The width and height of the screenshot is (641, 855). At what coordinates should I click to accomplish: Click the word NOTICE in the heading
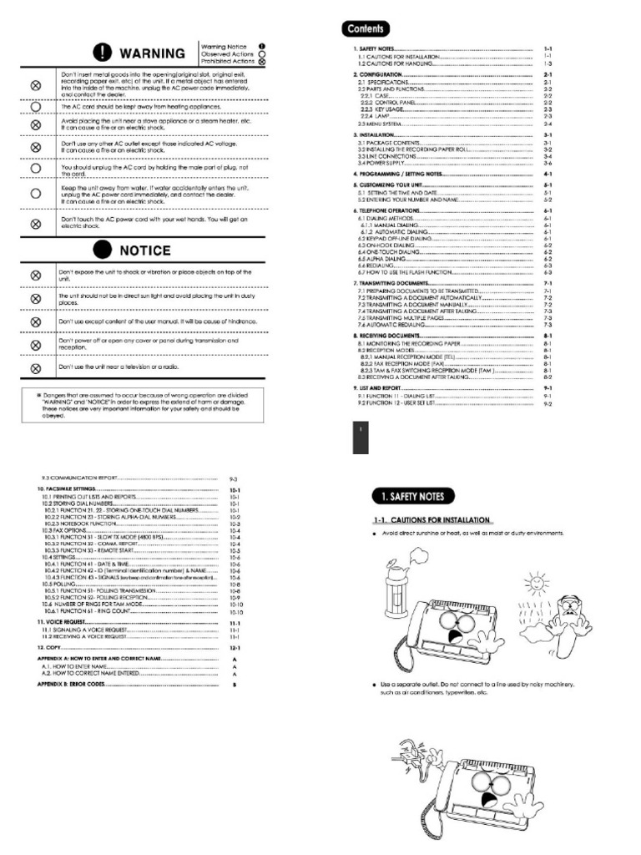click(145, 250)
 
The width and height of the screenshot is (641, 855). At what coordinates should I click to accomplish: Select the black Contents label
click(366, 28)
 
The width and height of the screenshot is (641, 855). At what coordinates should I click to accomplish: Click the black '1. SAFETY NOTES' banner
click(413, 496)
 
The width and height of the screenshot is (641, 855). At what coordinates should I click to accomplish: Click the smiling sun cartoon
click(534, 579)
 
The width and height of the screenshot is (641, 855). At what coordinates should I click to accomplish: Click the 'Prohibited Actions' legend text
click(227, 61)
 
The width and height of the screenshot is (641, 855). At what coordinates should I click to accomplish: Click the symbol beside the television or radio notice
click(36, 367)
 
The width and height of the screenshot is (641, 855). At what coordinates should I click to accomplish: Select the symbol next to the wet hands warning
click(36, 223)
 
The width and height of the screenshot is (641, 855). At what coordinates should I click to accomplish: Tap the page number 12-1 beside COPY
click(235, 647)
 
